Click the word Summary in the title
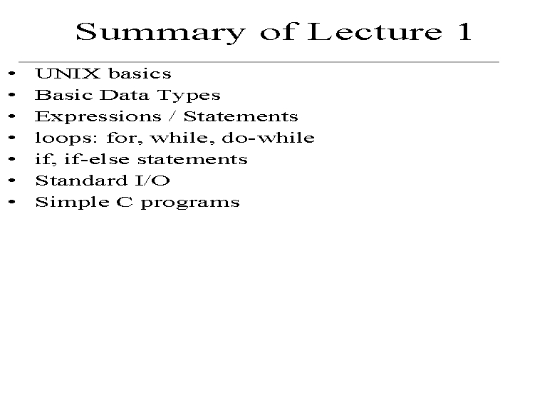(x=160, y=33)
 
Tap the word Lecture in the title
(x=375, y=31)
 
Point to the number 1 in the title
(x=464, y=31)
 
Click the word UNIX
(x=68, y=73)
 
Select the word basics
(x=140, y=73)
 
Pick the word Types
(x=189, y=96)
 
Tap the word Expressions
(x=98, y=117)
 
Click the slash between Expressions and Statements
(x=172, y=116)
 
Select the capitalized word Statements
(x=241, y=116)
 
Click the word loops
(x=66, y=138)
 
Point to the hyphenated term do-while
(x=268, y=137)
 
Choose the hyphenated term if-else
(x=97, y=159)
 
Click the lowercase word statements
(x=192, y=159)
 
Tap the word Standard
(x=81, y=181)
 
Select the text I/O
(x=152, y=181)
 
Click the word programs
(x=190, y=203)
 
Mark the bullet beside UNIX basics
(x=12, y=73)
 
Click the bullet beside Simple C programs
(x=12, y=202)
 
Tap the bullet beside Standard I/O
(x=12, y=181)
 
